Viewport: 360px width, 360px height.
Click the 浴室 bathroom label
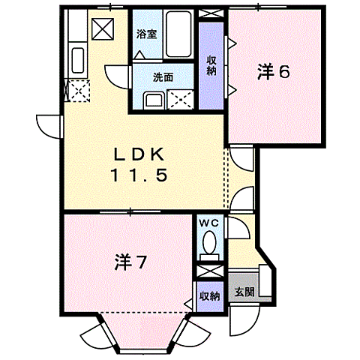click(145, 34)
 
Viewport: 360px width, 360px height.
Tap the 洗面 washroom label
click(163, 77)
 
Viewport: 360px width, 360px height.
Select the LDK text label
click(139, 155)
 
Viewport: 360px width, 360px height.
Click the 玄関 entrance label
click(243, 292)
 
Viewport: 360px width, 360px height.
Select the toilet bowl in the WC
click(209, 244)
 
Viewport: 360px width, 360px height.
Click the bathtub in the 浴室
click(177, 34)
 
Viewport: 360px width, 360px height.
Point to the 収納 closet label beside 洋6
click(212, 67)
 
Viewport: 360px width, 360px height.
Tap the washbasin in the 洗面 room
click(154, 99)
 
